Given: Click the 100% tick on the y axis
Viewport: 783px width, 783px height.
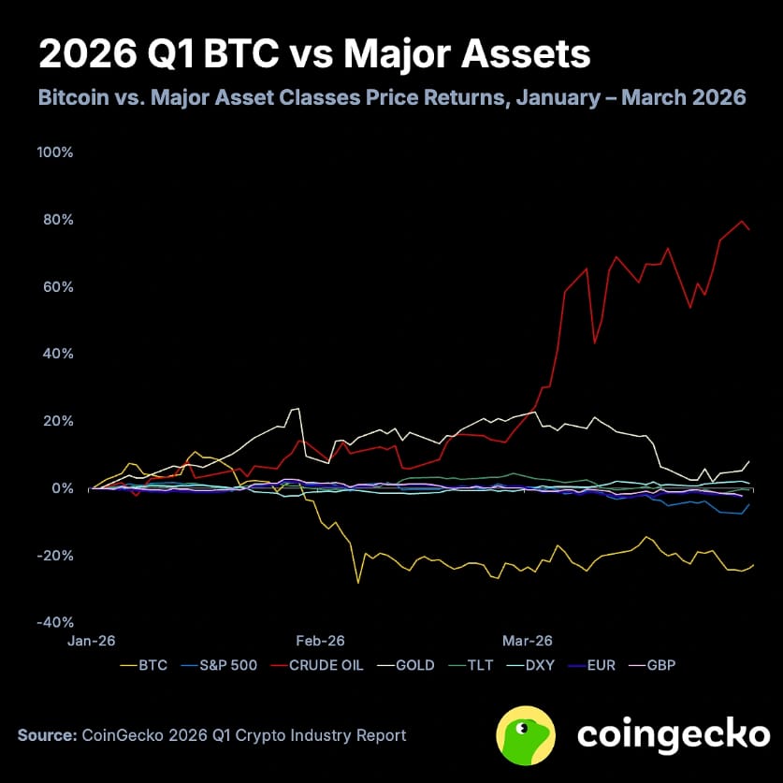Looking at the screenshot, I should click(55, 152).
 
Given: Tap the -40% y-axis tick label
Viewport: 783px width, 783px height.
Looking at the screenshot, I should click(55, 622).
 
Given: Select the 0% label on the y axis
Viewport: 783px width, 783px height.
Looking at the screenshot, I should click(62, 488).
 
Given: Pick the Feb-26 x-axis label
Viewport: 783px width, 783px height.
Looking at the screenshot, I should click(321, 641).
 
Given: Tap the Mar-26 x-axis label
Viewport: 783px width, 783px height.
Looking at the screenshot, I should click(528, 641).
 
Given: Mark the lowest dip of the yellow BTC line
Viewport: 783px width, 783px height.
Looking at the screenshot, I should click(357, 583).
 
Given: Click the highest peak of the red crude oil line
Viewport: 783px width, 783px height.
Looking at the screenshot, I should click(743, 221).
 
